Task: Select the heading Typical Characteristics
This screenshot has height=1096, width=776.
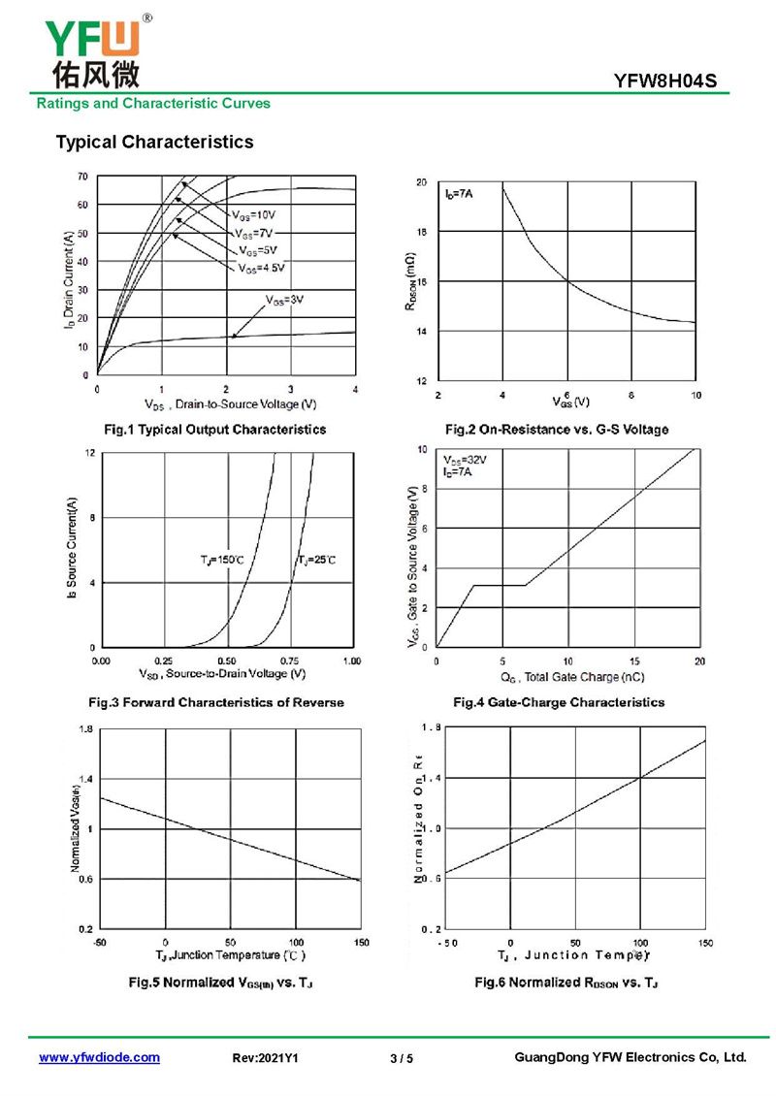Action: point(154,143)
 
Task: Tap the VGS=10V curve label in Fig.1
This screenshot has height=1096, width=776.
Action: point(254,213)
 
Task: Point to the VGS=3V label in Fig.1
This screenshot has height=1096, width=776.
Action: point(285,300)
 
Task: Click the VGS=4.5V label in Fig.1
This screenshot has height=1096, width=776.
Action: point(262,268)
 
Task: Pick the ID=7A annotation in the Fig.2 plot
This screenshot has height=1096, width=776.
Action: point(460,196)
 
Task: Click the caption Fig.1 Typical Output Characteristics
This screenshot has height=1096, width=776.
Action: point(214,429)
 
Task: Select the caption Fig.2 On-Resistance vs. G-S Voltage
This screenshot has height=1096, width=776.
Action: point(556,429)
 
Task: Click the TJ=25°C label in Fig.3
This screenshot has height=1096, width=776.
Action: point(316,561)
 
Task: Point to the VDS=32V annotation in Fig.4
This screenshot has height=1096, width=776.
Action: point(466,460)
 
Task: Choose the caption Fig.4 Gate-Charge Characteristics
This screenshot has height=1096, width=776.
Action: point(559,702)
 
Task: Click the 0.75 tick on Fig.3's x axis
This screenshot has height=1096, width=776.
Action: point(289,661)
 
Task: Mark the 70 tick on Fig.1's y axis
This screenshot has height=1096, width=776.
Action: point(82,177)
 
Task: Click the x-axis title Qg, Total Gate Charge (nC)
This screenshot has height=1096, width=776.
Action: point(572,677)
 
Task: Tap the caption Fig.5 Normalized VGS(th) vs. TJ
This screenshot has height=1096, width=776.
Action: point(221,983)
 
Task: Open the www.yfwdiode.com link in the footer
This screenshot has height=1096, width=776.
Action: point(99,1058)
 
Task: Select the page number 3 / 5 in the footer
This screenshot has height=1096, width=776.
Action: point(401,1058)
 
